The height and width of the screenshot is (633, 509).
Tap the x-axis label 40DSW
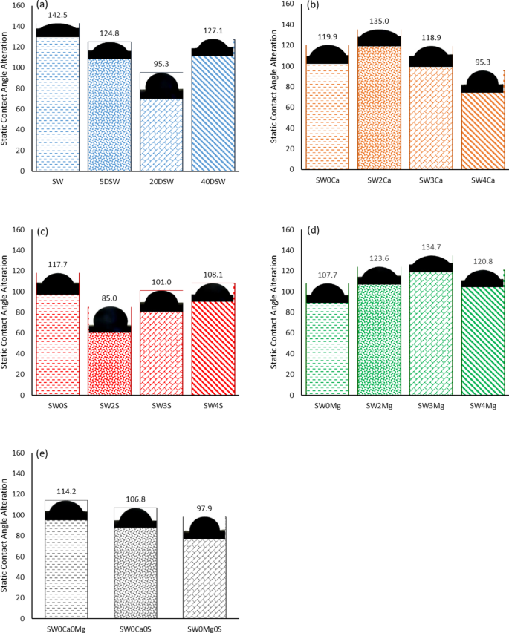[213, 180]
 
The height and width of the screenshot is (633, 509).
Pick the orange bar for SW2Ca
[380, 108]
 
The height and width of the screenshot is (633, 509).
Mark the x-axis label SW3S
[161, 404]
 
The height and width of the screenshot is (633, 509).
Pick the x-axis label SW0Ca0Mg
[67, 629]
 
